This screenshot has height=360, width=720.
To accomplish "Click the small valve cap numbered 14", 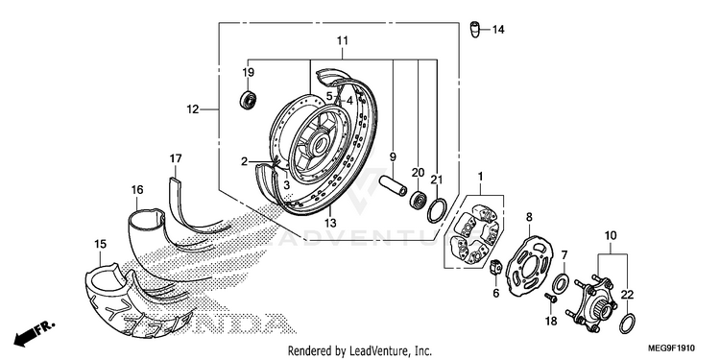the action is pos(475,30).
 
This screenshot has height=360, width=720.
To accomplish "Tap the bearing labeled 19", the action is pos(249,100).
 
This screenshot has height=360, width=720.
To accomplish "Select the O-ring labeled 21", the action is pos(437,210).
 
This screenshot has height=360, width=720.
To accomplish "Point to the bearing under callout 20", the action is pos(419,200).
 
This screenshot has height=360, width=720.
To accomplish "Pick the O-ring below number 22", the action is pos(628,324).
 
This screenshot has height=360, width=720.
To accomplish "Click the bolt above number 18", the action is pos(551,299).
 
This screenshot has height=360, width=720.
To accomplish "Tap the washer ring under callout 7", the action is pos(560,284).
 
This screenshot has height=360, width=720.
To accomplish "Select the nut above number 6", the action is pos(495,267).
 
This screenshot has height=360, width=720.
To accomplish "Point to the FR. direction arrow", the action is pos(33,334).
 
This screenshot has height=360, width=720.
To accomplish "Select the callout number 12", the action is pos(193,109).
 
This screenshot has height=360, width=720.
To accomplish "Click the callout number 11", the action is pos(342,40).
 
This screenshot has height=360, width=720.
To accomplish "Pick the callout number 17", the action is pos(176,158).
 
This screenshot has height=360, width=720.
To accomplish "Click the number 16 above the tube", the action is pos(137,190).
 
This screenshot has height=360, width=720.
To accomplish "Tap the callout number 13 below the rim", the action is pos(330,223).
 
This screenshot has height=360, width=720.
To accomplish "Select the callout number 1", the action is pos(480,176).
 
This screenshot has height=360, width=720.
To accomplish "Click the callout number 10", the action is pos(611,236).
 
